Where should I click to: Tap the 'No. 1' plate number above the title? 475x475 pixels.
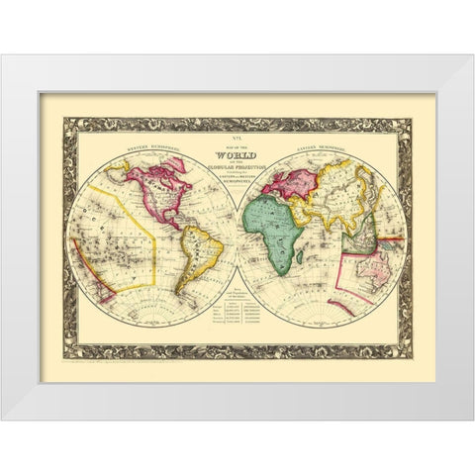(237, 145)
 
